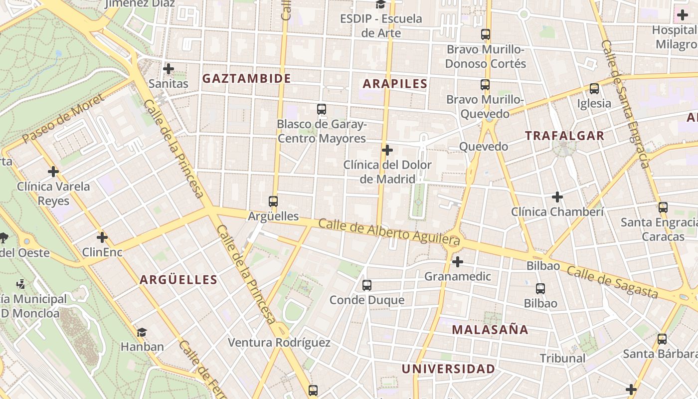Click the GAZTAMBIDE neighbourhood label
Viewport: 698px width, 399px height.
tap(246, 78)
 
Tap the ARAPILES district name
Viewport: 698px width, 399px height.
tap(395, 84)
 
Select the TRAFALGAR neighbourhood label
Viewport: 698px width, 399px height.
tap(564, 136)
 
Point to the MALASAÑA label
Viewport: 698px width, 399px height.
tap(490, 330)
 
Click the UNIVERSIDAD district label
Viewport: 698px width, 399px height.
tap(448, 369)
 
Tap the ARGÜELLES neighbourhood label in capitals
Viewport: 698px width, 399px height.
tap(178, 280)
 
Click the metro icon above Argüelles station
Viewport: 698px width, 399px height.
tap(273, 201)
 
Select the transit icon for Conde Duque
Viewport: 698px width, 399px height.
tap(367, 285)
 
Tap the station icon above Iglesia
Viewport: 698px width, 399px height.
tap(594, 89)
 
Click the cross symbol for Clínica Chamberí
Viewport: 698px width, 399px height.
tap(557, 197)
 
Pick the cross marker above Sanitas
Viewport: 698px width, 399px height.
tap(169, 68)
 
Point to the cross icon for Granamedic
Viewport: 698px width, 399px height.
tap(457, 261)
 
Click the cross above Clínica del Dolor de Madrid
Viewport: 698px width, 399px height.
tap(387, 150)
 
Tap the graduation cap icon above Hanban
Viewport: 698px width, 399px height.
tap(142, 332)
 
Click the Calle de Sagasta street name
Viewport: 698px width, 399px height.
tap(612, 282)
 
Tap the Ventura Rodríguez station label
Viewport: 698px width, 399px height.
tap(279, 343)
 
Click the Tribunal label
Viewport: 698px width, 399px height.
tap(563, 358)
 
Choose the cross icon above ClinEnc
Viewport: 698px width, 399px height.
tap(102, 237)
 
